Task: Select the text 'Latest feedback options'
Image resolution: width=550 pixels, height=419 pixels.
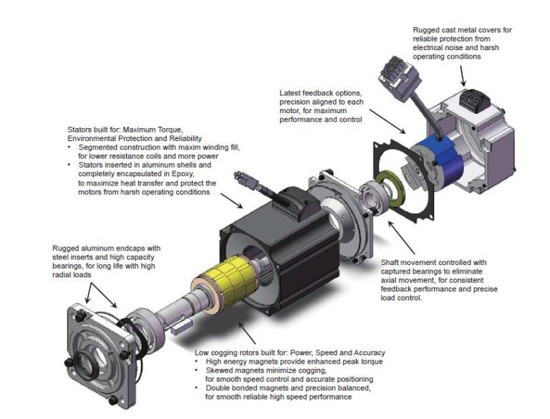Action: click(x=317, y=94)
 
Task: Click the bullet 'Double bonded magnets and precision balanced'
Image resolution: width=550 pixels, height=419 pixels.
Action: click(x=289, y=387)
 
